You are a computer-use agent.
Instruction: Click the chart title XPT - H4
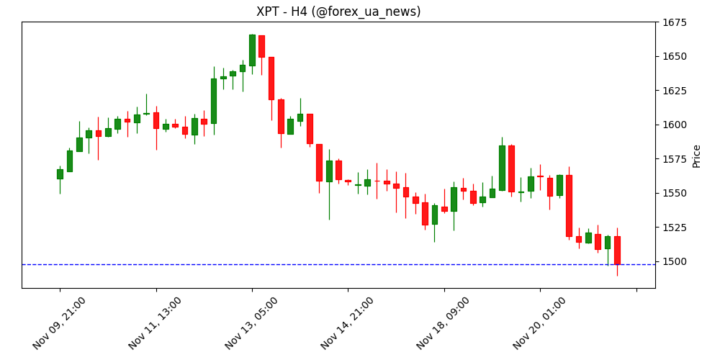338,12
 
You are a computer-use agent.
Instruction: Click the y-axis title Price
696,156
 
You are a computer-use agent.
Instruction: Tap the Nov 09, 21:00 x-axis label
60,322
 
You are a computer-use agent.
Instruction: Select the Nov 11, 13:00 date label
156,322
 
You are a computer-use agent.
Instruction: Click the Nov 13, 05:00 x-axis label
252,322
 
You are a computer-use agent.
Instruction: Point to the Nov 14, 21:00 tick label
348,322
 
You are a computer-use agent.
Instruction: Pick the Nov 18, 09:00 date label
444,322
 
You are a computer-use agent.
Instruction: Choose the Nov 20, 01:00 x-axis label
540,322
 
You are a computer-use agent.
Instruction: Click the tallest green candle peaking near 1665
252,50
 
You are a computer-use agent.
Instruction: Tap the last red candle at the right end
617,250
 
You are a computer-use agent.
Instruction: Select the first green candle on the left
60,174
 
